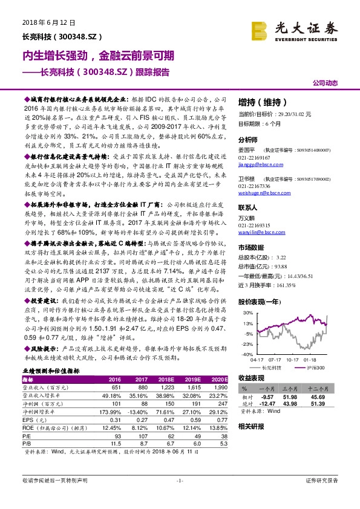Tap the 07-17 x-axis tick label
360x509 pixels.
tap(277, 359)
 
